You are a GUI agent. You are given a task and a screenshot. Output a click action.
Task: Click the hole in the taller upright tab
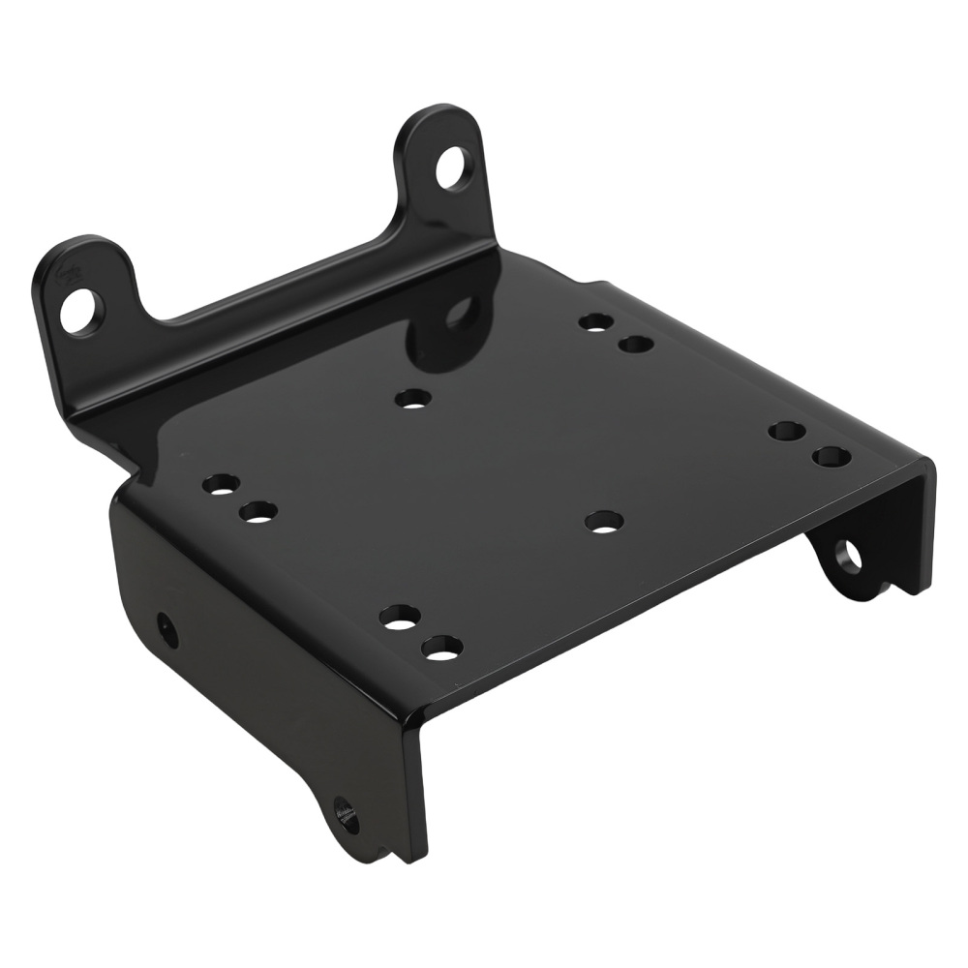click(454, 168)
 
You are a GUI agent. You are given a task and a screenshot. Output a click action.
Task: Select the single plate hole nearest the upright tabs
click(413, 397)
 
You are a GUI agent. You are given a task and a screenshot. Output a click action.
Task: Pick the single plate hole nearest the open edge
click(604, 522)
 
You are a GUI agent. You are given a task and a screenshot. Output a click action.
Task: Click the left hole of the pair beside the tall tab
click(596, 321)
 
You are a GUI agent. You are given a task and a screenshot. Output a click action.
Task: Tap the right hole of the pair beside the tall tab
click(636, 344)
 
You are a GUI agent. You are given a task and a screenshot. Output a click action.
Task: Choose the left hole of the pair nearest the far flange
click(788, 431)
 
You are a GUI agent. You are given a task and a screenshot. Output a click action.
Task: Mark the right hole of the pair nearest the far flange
click(832, 456)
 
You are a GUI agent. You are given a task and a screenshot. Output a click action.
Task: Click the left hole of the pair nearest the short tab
click(221, 483)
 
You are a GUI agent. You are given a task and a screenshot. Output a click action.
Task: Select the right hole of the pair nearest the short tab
click(258, 512)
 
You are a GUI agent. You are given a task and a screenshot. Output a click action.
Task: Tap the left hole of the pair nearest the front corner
click(399, 617)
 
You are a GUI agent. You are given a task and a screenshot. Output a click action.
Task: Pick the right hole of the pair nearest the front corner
click(442, 647)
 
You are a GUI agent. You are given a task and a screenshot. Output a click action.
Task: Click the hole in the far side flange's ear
click(849, 556)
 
